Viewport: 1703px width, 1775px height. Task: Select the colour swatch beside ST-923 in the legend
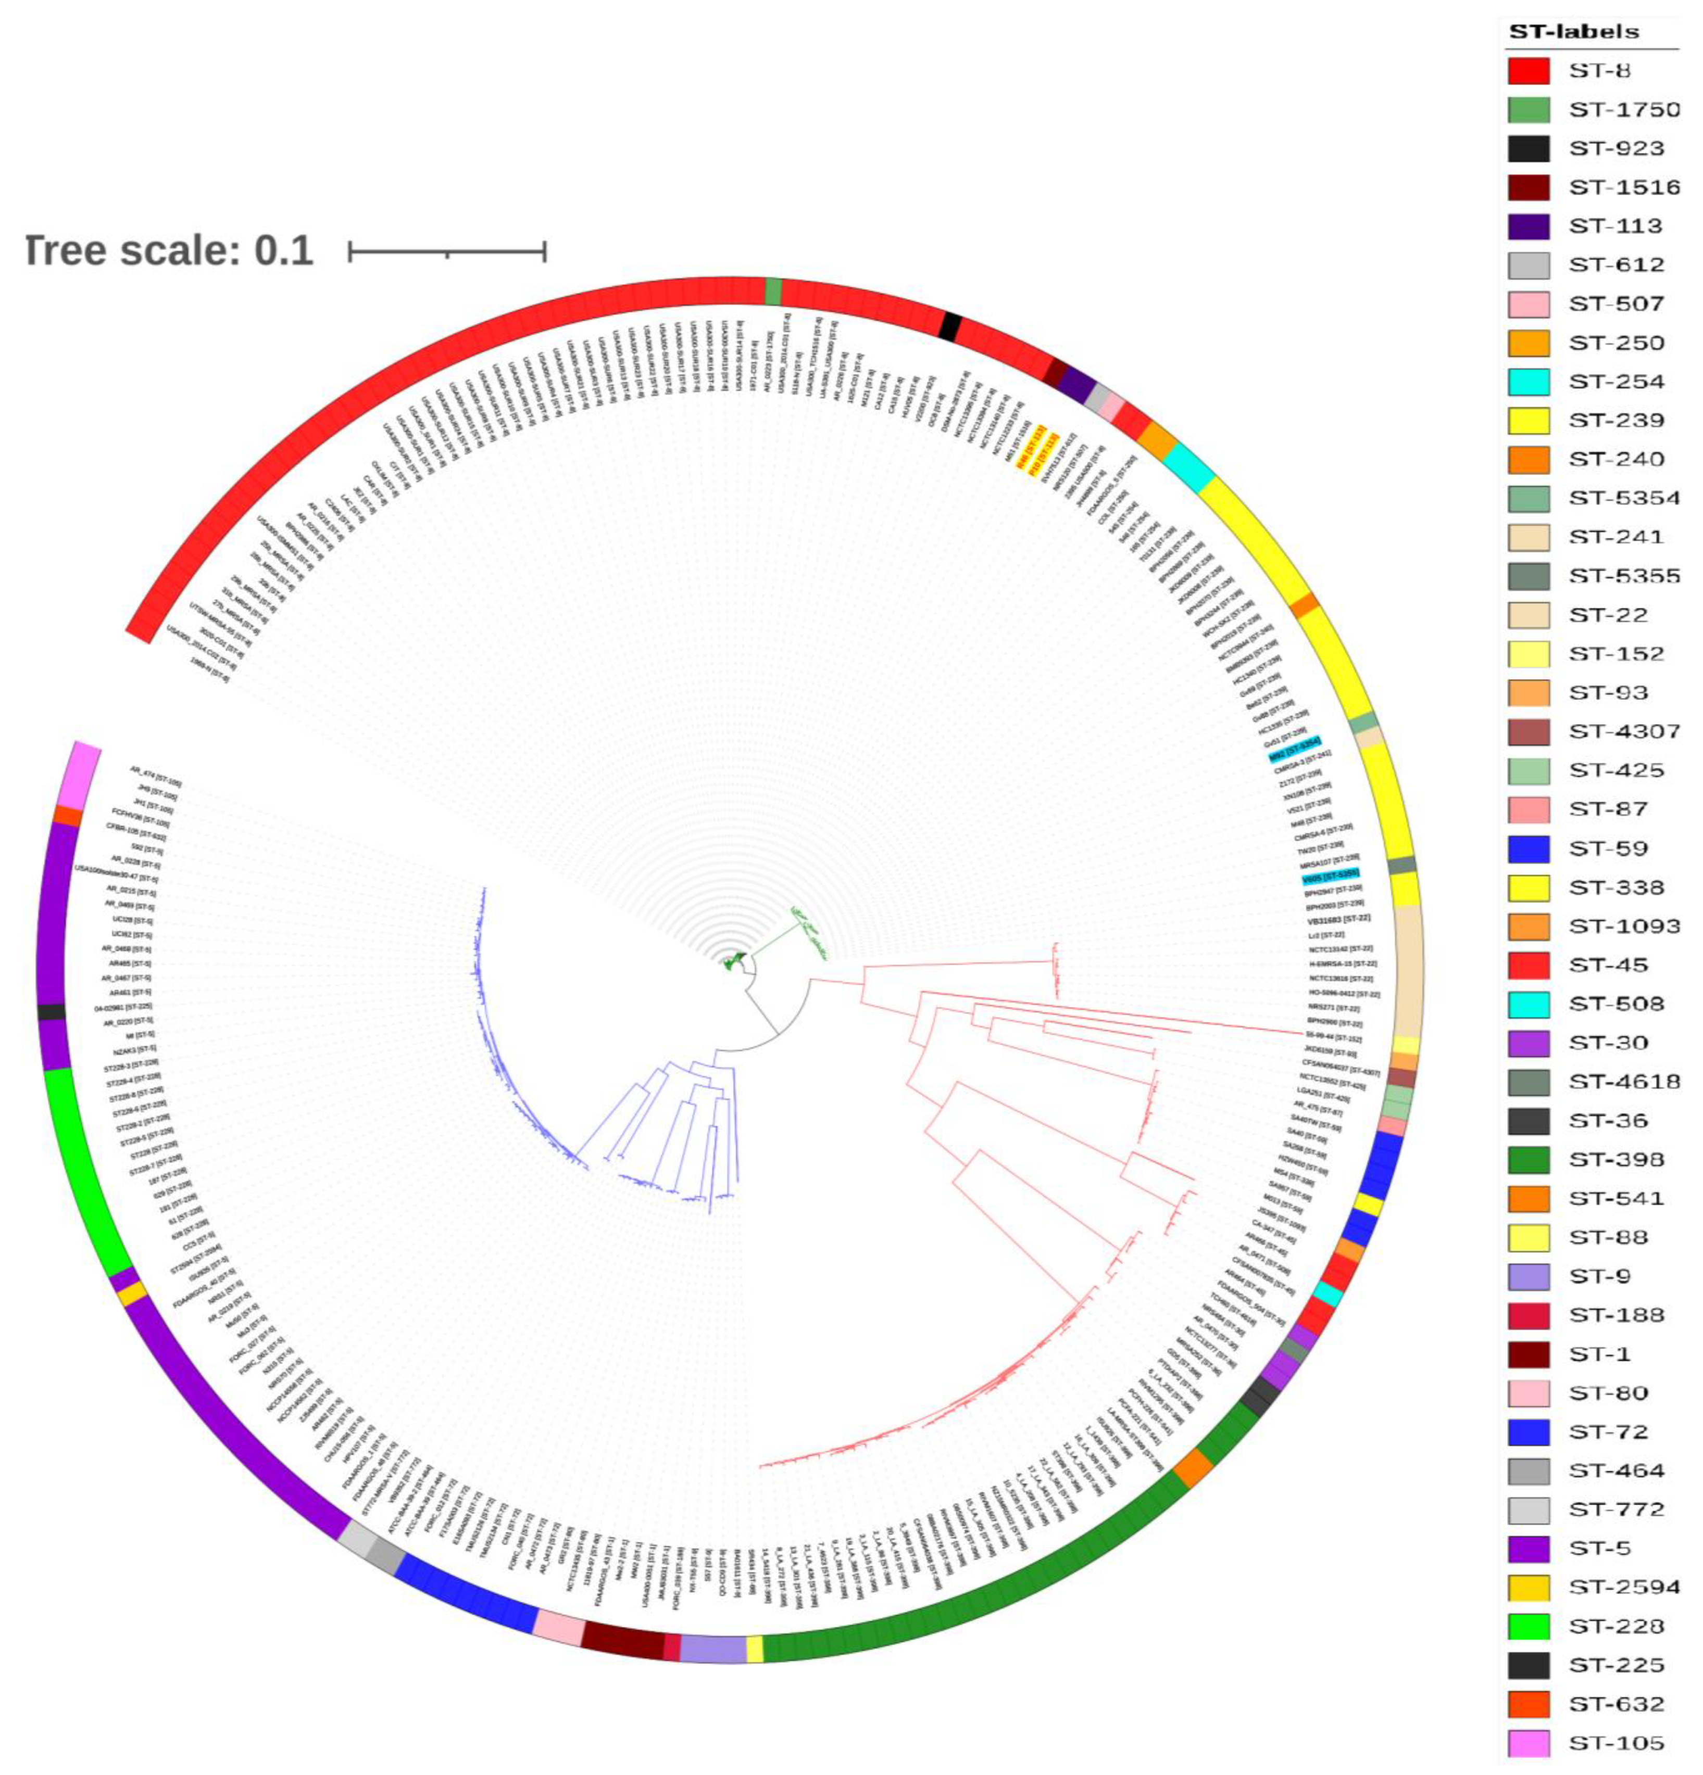pyautogui.click(x=1528, y=148)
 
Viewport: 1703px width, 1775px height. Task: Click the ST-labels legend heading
pyautogui.click(x=1573, y=32)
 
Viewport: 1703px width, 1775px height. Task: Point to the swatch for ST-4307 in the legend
pyautogui.click(x=1528, y=732)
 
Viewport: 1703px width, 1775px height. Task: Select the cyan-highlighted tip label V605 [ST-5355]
pyautogui.click(x=1330, y=879)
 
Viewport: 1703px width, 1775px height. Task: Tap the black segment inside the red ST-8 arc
pyautogui.click(x=950, y=326)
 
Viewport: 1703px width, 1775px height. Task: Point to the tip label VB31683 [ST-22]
pyautogui.click(x=1338, y=918)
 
